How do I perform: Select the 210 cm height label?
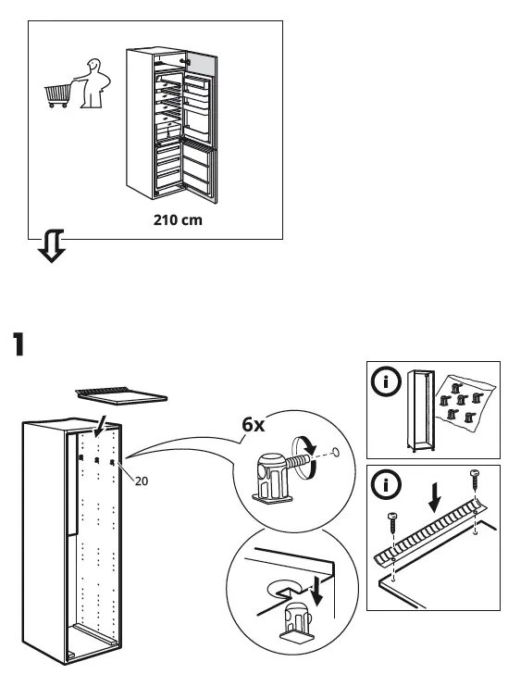(177, 221)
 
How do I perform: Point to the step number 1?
(17, 344)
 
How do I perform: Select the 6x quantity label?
(254, 425)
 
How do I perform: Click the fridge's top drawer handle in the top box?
(184, 61)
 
